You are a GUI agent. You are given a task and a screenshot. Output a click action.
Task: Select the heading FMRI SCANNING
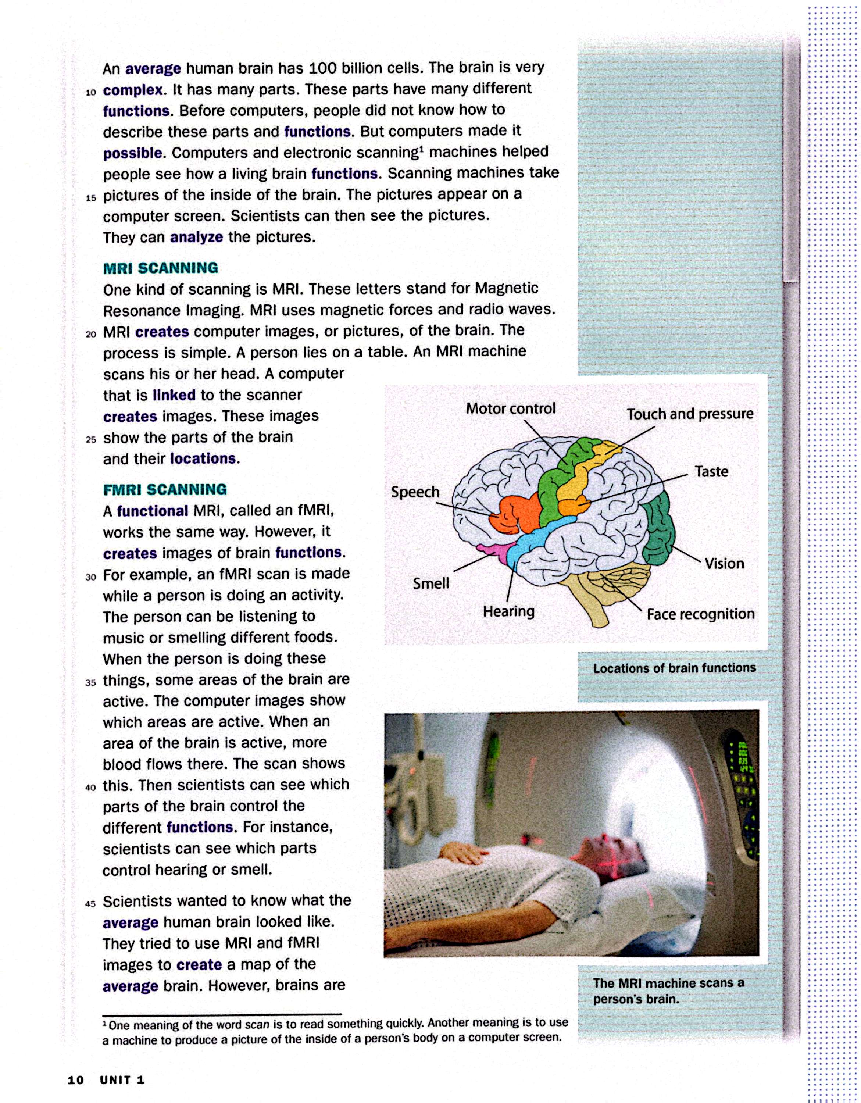click(165, 489)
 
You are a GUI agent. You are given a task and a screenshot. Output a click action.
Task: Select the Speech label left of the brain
click(415, 492)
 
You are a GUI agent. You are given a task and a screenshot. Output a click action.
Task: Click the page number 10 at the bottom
click(75, 1080)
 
